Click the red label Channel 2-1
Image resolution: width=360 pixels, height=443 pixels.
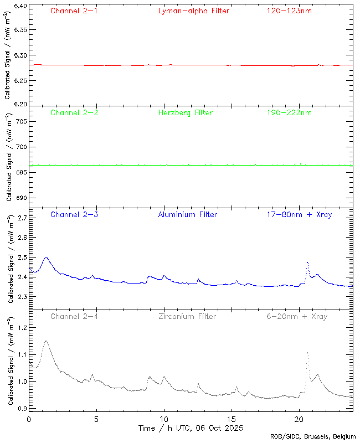point(74,11)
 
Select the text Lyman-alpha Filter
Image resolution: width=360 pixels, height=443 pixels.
point(193,11)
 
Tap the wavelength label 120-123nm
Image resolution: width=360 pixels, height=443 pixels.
point(289,11)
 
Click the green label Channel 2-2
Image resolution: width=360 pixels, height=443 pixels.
point(74,112)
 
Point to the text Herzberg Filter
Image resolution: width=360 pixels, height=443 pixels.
point(185,112)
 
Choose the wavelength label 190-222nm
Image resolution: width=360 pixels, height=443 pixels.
point(289,112)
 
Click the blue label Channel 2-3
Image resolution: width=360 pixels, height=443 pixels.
point(74,214)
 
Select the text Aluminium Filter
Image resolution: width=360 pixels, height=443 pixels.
point(187,214)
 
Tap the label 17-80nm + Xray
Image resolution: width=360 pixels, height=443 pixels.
point(299,214)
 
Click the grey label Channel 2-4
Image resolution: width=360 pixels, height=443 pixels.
point(74,316)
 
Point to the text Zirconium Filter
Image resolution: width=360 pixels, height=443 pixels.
point(187,316)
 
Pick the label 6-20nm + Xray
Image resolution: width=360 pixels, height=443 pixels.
point(296,316)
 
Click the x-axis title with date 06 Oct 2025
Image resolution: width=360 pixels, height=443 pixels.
point(191,428)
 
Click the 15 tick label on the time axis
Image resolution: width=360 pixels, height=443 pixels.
point(231,419)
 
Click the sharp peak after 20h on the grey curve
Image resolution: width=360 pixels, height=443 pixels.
point(307,352)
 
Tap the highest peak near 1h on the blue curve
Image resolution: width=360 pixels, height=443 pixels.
point(46,257)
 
